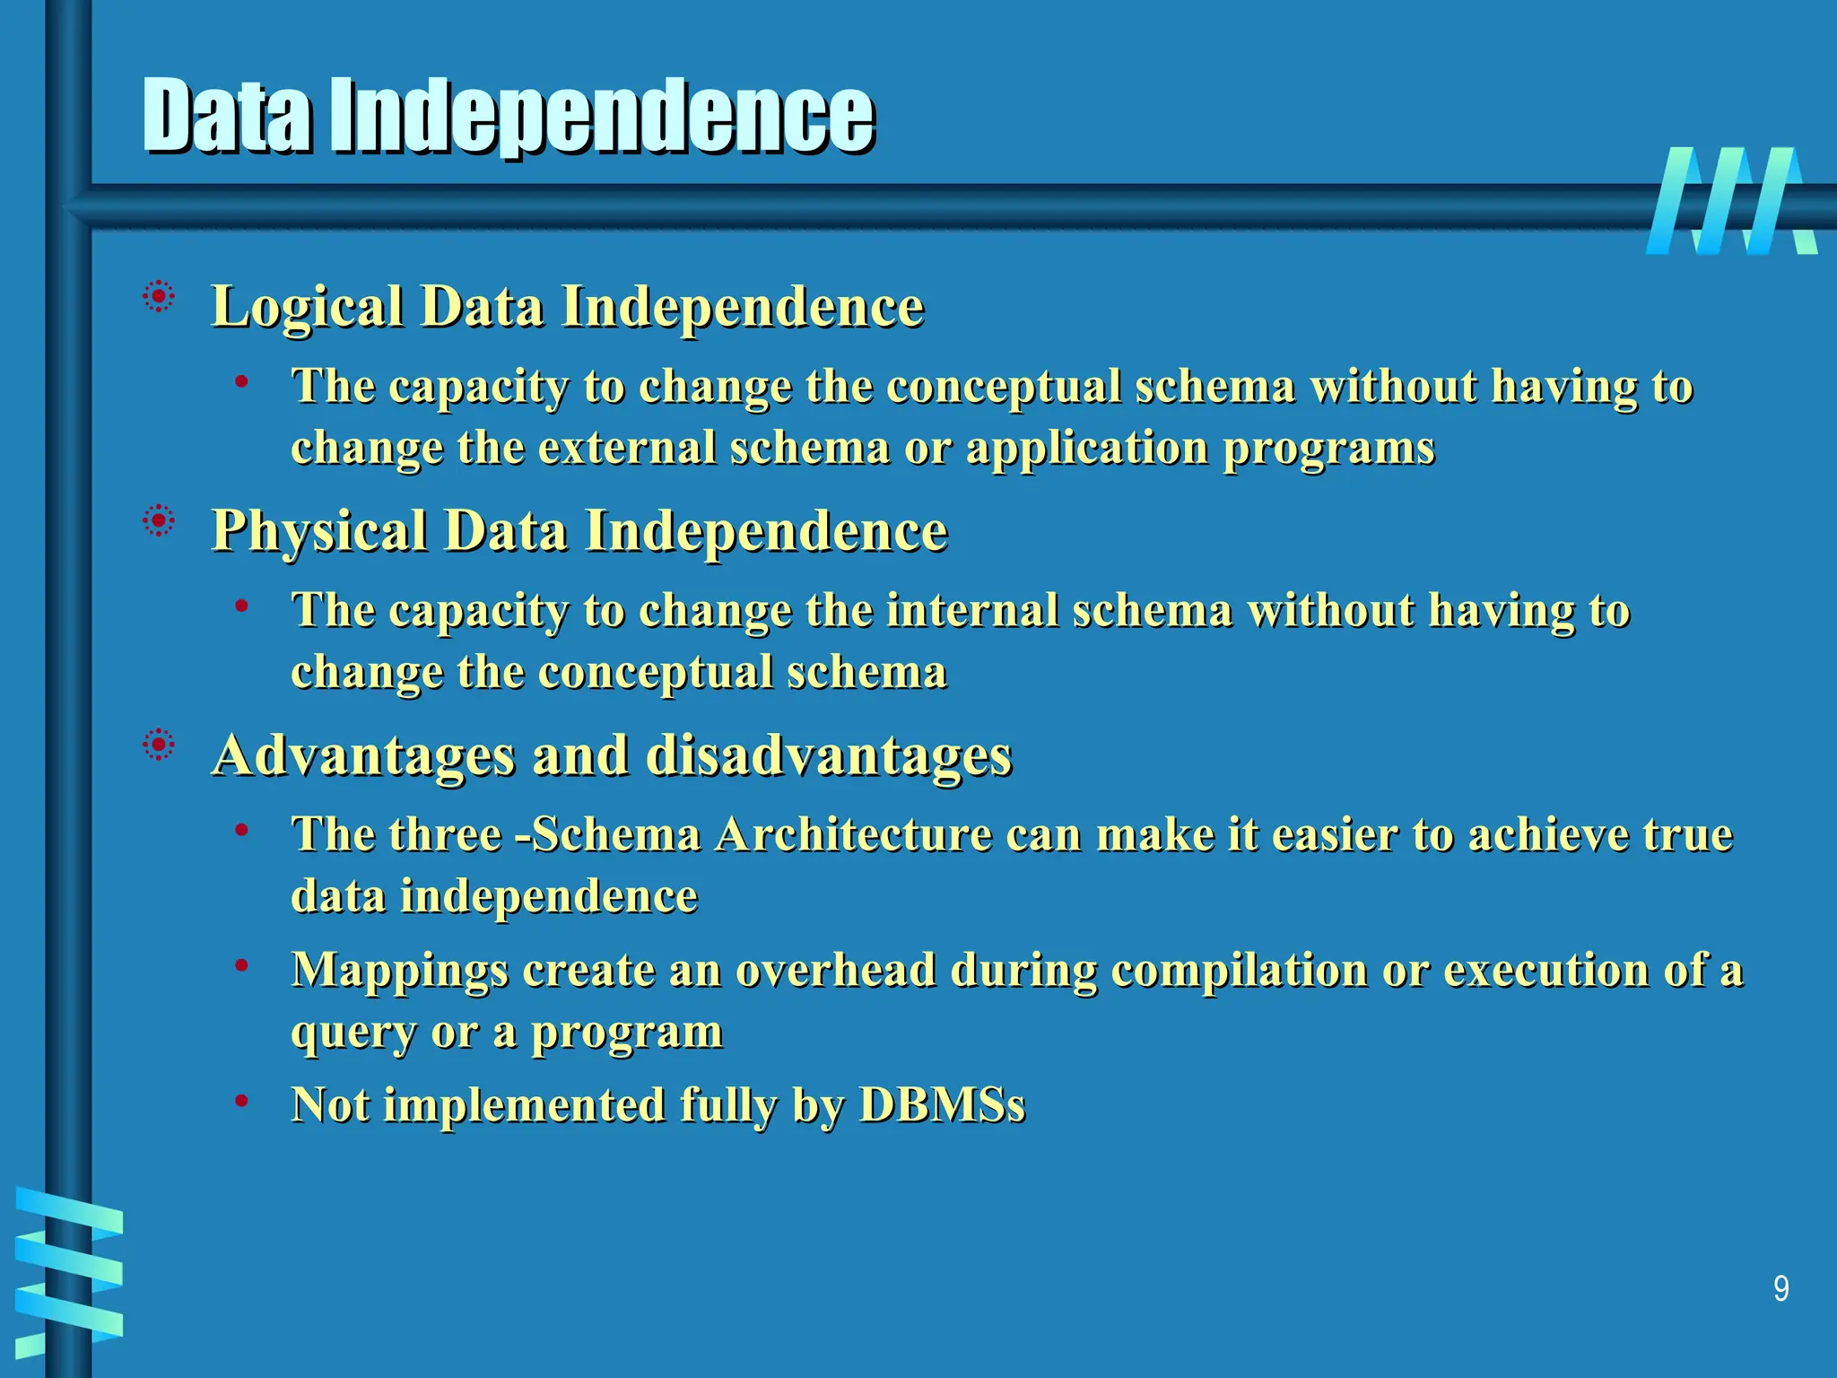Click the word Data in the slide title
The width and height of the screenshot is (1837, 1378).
228,117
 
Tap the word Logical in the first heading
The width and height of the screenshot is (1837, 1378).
307,308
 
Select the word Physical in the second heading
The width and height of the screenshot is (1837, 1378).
318,532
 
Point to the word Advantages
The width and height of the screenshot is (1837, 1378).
364,756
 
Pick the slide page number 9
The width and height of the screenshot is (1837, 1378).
1780,1289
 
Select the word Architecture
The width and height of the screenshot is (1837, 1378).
853,834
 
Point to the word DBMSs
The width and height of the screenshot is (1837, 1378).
942,1104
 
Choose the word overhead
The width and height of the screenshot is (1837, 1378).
836,970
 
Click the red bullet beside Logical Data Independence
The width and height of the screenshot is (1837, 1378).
159,297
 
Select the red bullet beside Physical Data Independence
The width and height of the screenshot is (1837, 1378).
159,521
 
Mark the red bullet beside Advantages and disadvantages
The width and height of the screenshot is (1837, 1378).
159,746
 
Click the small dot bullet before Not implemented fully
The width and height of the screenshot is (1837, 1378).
241,1100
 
